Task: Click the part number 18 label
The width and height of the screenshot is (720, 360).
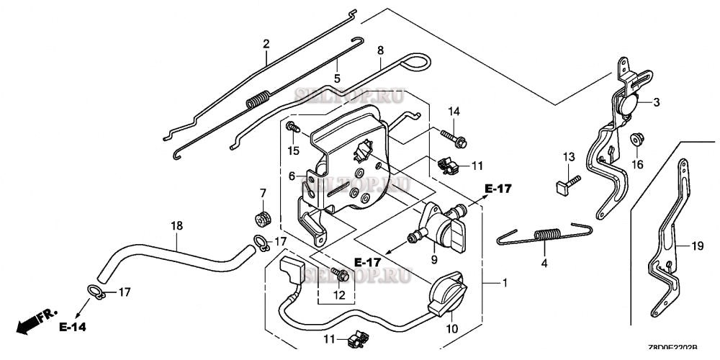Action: pyautogui.click(x=176, y=226)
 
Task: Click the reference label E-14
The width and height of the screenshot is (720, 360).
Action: pyautogui.click(x=73, y=328)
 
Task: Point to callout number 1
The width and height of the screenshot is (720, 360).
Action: pyautogui.click(x=505, y=283)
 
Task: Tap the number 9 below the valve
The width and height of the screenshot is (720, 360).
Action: pyautogui.click(x=434, y=259)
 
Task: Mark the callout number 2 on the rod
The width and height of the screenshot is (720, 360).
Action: pyautogui.click(x=266, y=44)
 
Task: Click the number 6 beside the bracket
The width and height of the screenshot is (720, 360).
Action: pyautogui.click(x=292, y=176)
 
